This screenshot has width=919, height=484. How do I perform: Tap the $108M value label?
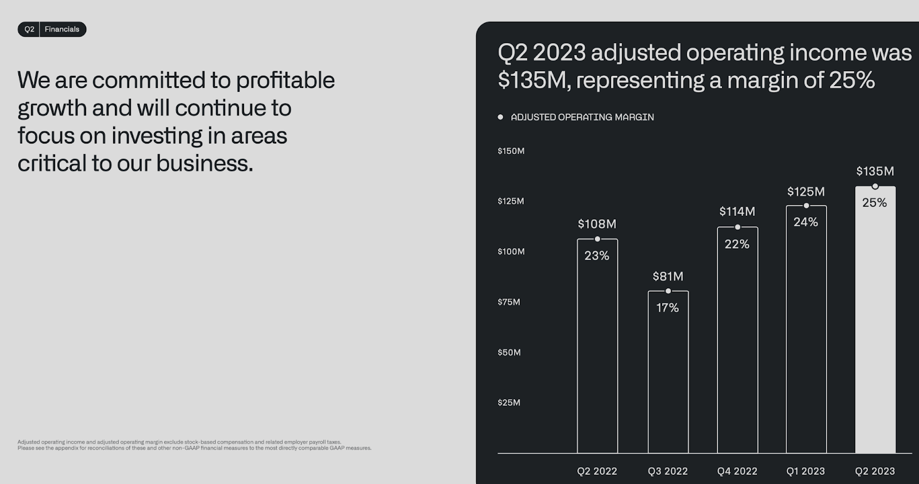[x=597, y=224]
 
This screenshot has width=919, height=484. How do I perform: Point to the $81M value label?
[x=668, y=276]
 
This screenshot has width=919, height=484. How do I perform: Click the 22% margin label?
[x=737, y=244]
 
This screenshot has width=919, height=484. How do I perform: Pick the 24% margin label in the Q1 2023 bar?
[x=806, y=222]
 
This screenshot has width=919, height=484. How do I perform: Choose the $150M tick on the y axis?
[x=511, y=151]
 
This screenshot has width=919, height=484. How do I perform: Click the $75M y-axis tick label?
[x=509, y=302]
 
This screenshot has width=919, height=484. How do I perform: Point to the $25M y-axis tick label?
[x=509, y=402]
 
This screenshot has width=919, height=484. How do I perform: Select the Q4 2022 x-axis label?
[x=737, y=471]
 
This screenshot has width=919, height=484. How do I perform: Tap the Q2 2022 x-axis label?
[x=597, y=471]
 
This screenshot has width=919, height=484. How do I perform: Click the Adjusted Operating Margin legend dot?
[x=500, y=117]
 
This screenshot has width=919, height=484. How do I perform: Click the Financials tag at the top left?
[x=62, y=29]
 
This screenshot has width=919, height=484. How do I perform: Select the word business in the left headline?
[x=204, y=164]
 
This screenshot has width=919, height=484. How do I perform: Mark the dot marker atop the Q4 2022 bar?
[x=737, y=227]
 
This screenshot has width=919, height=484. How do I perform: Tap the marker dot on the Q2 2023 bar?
[x=875, y=187]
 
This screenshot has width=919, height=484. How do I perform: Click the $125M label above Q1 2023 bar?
[x=806, y=192]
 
